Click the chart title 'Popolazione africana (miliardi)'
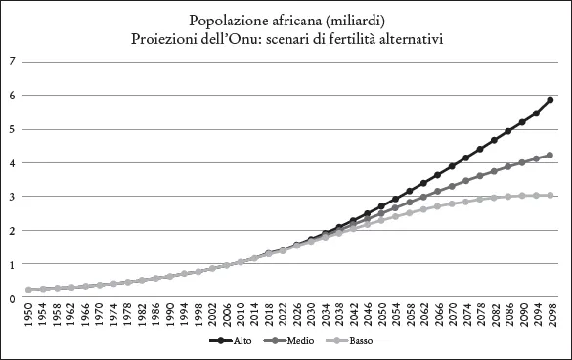[286, 20]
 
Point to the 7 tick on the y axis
[12, 62]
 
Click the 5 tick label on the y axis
[12, 129]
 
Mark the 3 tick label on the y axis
[12, 197]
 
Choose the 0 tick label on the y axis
[12, 298]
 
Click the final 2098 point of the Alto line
[551, 100]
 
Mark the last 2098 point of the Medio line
[551, 155]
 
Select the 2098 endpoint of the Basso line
[551, 196]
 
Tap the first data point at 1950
[29, 290]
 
